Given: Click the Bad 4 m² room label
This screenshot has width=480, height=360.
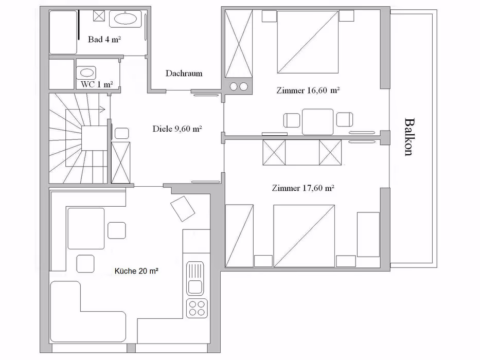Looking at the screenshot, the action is click(x=104, y=39).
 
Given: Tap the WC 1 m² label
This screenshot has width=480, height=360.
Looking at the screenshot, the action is click(x=97, y=84).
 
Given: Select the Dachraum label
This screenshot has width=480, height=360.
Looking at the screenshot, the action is click(x=184, y=73).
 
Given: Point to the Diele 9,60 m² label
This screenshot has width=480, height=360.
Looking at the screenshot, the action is click(x=177, y=129).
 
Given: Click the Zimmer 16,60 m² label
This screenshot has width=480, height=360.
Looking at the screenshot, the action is click(x=308, y=91).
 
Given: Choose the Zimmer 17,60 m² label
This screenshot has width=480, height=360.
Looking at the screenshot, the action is click(x=303, y=188).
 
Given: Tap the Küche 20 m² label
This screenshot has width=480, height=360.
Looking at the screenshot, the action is click(x=136, y=271).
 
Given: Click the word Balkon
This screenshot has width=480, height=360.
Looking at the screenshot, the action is click(x=409, y=137).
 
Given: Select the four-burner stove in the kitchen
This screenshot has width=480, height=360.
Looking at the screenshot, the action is click(x=197, y=308).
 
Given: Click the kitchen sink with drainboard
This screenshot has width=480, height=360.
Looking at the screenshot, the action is click(x=195, y=278).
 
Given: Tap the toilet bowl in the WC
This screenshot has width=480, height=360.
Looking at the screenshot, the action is click(x=87, y=73).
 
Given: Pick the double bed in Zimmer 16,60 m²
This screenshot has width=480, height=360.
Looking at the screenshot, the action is click(x=308, y=42).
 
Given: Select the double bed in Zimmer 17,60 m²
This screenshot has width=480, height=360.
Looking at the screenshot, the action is click(x=304, y=236).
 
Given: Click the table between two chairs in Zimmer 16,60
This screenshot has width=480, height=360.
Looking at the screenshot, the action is click(x=318, y=122).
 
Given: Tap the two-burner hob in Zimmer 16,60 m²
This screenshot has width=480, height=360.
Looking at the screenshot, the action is click(x=239, y=86).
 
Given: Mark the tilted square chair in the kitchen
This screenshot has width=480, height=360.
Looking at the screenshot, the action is click(x=183, y=208).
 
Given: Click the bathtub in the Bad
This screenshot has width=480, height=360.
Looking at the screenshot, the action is click(x=63, y=32).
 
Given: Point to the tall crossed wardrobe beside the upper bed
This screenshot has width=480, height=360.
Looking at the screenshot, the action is click(x=239, y=44).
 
